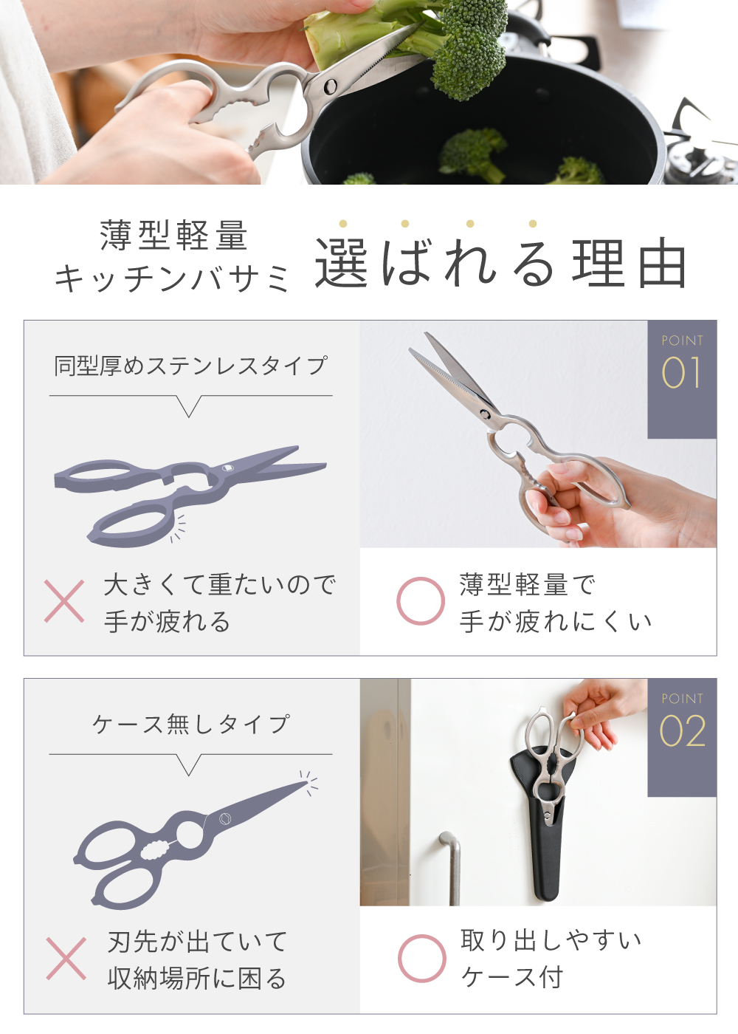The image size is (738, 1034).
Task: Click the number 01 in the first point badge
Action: point(681,372)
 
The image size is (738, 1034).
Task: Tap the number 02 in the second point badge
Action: point(682,731)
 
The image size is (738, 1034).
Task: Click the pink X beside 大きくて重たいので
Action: point(64,601)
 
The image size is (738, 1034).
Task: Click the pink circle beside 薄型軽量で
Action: point(420,601)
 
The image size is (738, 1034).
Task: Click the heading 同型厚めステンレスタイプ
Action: point(191,366)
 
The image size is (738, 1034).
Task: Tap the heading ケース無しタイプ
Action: point(191,724)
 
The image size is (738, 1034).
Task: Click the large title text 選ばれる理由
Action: point(501,262)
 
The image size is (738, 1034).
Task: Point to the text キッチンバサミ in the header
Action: point(171,278)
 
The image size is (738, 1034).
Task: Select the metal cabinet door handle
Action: point(451,868)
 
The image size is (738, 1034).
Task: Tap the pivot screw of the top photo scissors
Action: point(331,86)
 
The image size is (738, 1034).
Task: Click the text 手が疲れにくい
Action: point(555,621)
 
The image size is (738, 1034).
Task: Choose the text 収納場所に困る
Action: point(197,979)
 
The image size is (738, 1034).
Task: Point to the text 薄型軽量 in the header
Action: point(174,235)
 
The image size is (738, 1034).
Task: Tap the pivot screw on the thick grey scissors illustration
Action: point(226,468)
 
